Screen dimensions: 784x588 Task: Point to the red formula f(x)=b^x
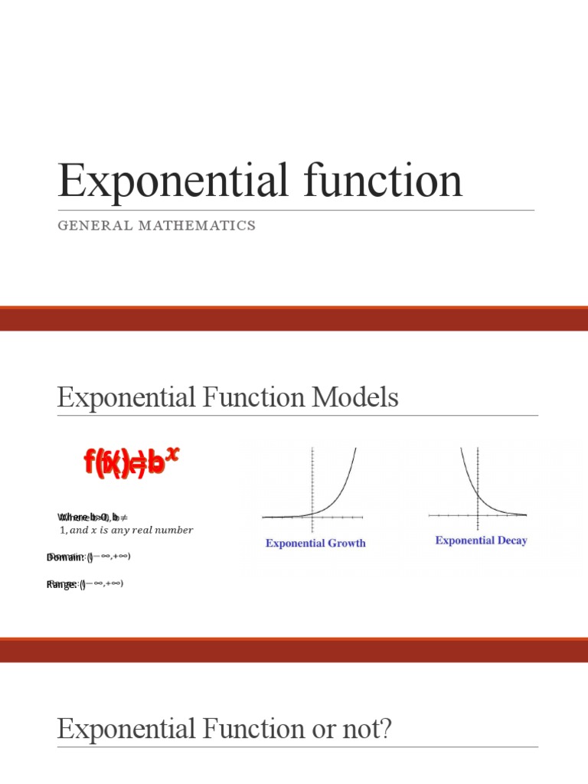point(131,462)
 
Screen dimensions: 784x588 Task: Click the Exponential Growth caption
point(315,543)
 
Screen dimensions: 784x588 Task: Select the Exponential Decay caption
point(481,541)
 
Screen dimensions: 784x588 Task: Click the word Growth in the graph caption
point(348,543)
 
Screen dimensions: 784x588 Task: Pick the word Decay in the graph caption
point(509,541)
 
